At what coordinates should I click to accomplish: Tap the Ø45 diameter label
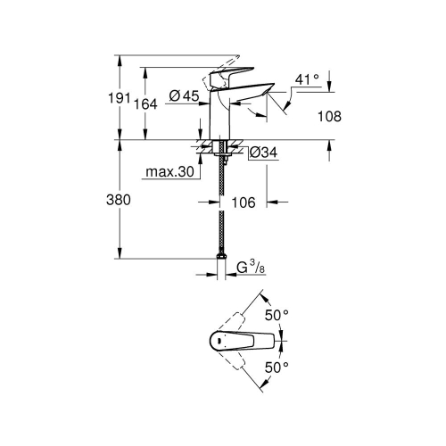[183, 96]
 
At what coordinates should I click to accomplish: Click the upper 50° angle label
[277, 316]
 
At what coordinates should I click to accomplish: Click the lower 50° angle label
[277, 367]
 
